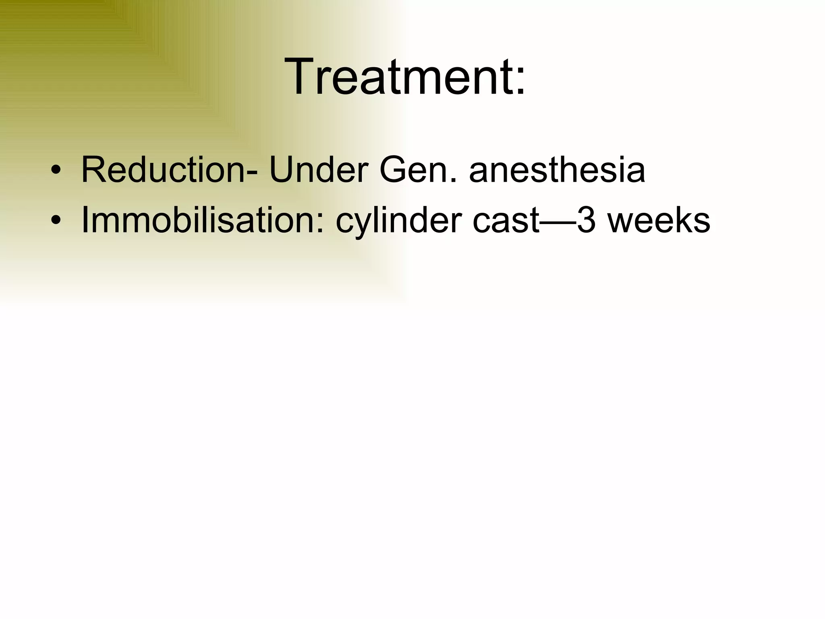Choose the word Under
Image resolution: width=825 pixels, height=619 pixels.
(318, 170)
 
